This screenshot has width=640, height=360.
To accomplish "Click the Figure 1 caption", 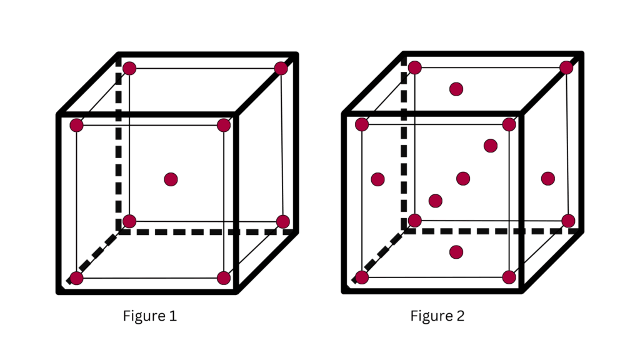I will tap(149, 316).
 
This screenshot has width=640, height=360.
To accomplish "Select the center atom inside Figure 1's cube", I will tap(171, 179).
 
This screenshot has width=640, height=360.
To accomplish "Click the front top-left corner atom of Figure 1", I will tap(76, 125).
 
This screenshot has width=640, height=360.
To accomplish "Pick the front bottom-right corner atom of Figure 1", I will tap(224, 278).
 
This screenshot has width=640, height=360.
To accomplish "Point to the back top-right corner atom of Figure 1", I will tap(281, 69).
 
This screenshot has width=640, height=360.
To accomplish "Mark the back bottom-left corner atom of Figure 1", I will tap(129, 221).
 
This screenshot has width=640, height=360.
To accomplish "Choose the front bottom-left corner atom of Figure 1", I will tap(76, 278).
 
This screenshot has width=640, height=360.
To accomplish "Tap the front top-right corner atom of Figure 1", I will tap(224, 125).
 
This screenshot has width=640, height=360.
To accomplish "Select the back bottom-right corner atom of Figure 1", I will tap(282, 221).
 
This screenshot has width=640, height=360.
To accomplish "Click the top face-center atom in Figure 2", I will tap(456, 89).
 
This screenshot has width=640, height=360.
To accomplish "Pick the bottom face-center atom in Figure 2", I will tap(456, 252).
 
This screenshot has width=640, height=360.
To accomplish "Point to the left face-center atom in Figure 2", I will tap(377, 179).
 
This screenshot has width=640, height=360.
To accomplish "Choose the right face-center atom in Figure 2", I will tap(548, 179).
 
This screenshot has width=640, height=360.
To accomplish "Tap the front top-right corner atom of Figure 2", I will tap(509, 124).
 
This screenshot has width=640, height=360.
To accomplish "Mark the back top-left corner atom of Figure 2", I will tap(414, 67).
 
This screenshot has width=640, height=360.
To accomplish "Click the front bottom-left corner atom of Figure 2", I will tap(361, 277).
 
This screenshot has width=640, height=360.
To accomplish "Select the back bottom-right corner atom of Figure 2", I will tap(568, 221).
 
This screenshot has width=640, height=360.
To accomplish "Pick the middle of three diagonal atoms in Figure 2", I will tap(463, 179).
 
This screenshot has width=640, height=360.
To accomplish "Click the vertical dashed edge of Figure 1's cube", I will tap(119, 150).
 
